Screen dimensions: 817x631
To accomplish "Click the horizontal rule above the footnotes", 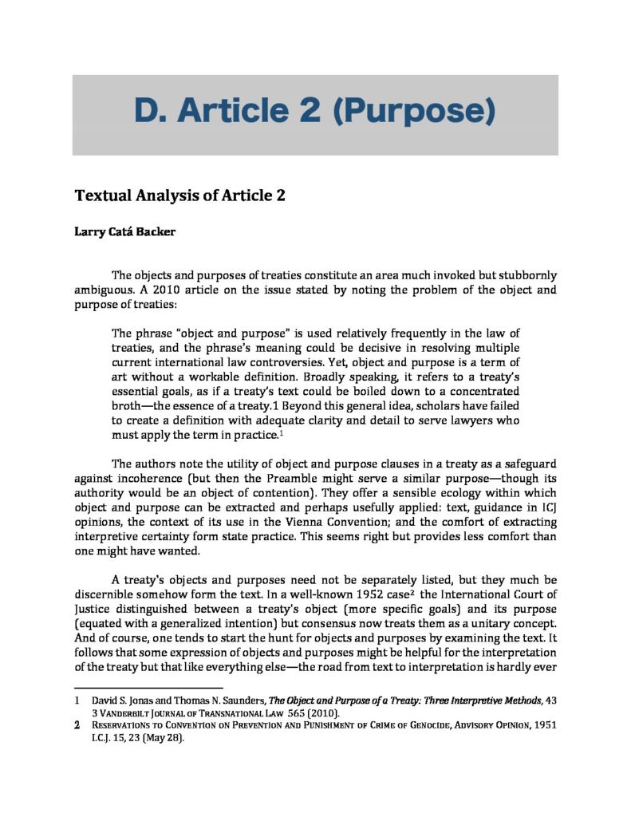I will tap(148, 688).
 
